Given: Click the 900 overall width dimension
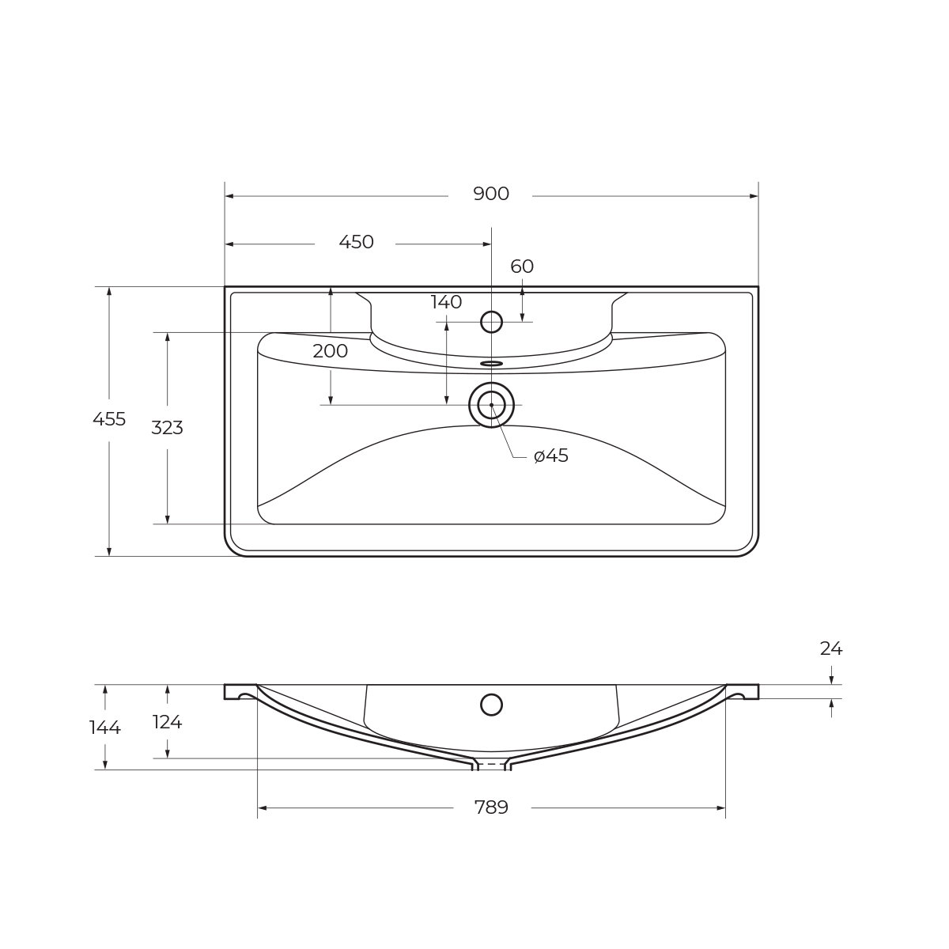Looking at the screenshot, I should [x=490, y=195].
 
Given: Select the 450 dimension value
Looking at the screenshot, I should [x=356, y=243].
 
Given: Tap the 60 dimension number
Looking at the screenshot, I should [x=522, y=267].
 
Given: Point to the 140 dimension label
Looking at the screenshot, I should [x=446, y=302].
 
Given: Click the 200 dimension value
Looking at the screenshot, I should [x=330, y=352].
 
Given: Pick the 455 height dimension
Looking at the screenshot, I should [x=109, y=420].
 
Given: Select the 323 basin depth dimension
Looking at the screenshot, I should [x=167, y=428].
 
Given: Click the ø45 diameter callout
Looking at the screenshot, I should [x=551, y=456].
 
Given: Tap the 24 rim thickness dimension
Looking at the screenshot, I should [x=830, y=649].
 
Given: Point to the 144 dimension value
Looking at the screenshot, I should [x=104, y=728].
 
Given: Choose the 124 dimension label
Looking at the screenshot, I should [x=167, y=722].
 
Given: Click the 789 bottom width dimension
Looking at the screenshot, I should [x=491, y=807].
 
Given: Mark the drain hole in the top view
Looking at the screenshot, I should [x=491, y=405].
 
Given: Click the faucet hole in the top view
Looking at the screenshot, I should [x=491, y=322].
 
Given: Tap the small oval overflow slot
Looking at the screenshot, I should [x=491, y=364].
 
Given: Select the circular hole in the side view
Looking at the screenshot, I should [x=491, y=705].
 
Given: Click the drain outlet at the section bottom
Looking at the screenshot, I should [x=491, y=765].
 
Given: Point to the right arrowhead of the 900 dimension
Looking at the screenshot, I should [x=754, y=196].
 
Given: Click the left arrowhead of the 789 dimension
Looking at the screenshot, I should [x=263, y=808].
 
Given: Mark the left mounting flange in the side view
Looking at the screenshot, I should [x=240, y=691].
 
